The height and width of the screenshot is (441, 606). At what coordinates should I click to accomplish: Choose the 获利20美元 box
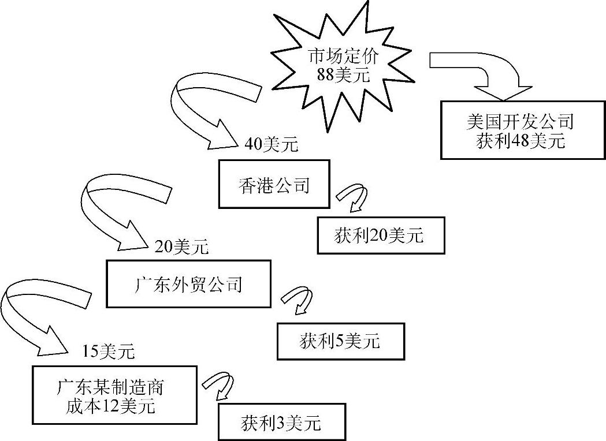pos(381,236)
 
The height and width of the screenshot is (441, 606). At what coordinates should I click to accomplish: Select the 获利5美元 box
pos(340,342)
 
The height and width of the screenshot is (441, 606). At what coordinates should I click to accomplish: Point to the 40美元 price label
pos(271,144)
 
